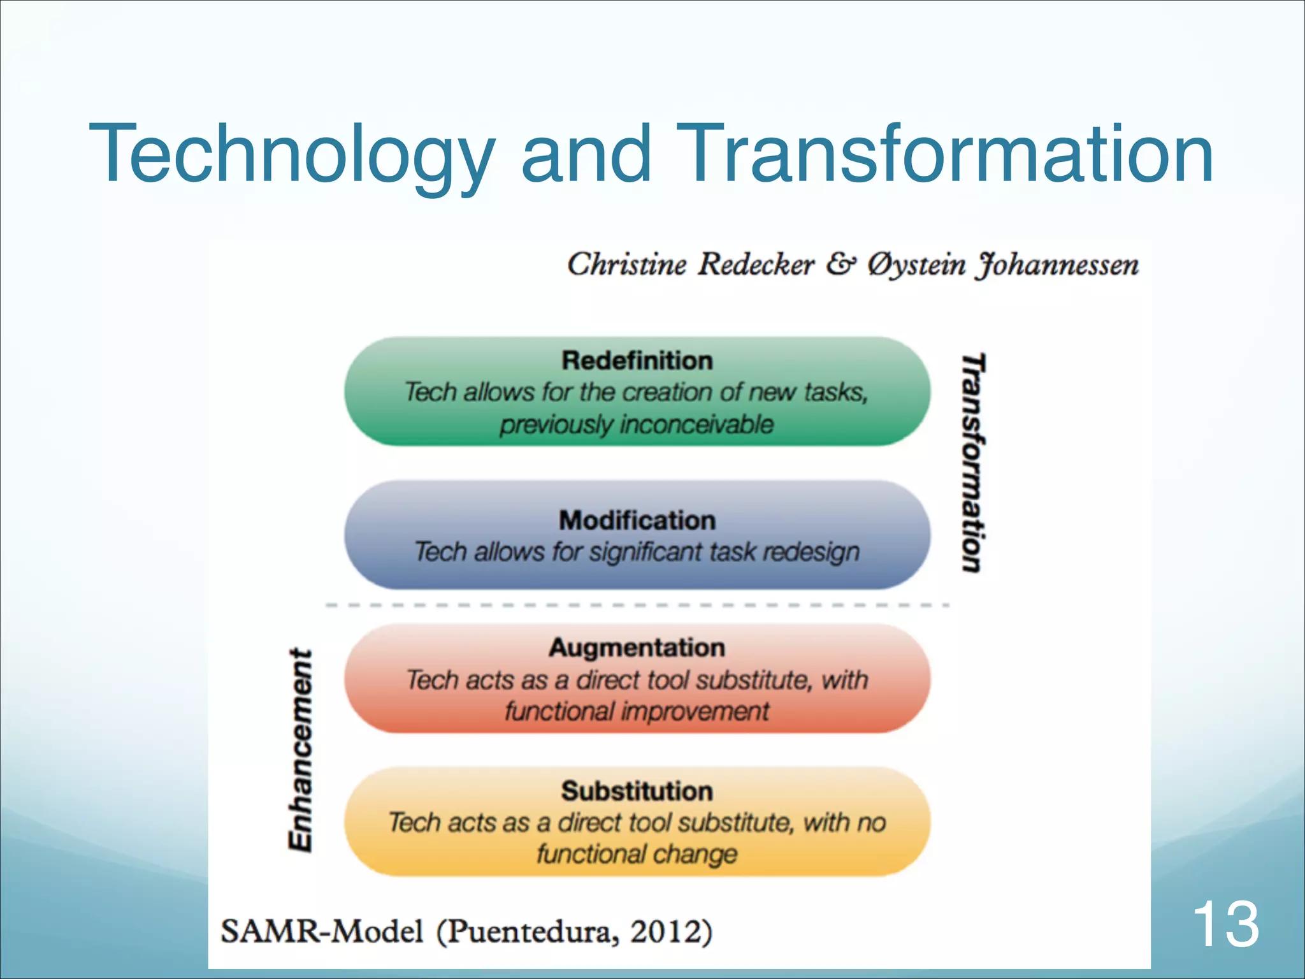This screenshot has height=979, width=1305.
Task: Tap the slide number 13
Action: click(x=1225, y=924)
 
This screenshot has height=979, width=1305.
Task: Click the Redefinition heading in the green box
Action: click(x=637, y=361)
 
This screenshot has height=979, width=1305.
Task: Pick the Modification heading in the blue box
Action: click(x=637, y=520)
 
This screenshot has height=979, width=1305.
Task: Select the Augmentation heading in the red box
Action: click(x=637, y=648)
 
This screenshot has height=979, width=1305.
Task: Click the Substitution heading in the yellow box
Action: click(x=637, y=791)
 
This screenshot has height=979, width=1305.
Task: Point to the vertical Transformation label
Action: click(x=973, y=463)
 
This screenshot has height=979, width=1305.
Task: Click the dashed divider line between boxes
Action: click(x=637, y=605)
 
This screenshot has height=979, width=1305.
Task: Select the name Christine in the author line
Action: click(x=627, y=265)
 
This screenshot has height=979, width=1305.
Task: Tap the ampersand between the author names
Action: click(x=840, y=265)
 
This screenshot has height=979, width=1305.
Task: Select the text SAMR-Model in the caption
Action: click(x=322, y=931)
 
